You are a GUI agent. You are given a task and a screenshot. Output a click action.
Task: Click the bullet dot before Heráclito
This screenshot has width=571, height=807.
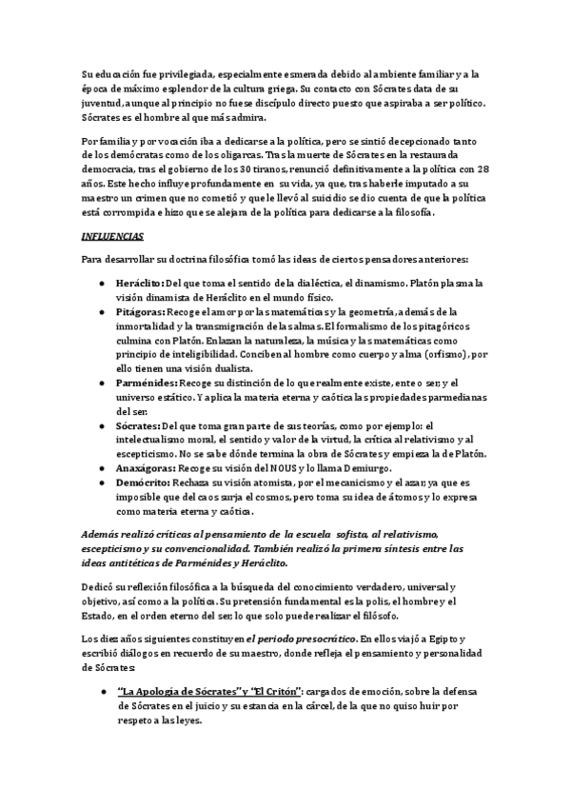tap(103, 284)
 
